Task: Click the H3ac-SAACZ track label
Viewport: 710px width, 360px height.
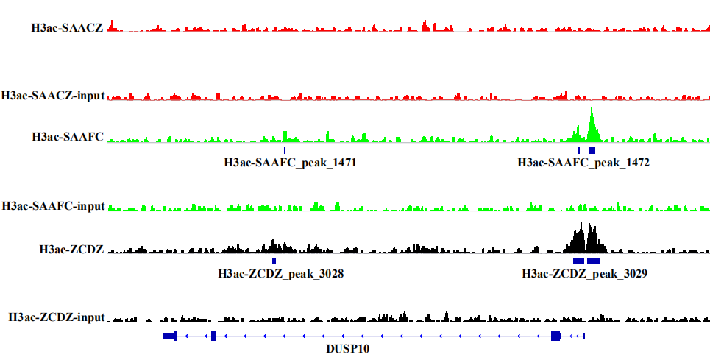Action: (x=66, y=28)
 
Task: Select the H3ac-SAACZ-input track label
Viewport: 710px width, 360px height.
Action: (x=53, y=96)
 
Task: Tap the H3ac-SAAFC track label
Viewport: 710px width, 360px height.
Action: (x=68, y=136)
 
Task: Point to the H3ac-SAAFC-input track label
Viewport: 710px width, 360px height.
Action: (x=54, y=205)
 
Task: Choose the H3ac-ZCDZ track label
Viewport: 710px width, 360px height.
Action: (x=71, y=249)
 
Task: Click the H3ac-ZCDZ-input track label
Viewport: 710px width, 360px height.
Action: (x=57, y=317)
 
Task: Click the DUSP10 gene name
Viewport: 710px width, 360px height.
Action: (x=348, y=349)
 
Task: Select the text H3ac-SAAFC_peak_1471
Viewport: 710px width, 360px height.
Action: (x=291, y=163)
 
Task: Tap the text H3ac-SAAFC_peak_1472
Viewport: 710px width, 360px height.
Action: (x=583, y=163)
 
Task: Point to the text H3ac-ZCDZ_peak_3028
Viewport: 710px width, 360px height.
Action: (x=281, y=274)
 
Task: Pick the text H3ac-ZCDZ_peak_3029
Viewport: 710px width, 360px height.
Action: (x=584, y=274)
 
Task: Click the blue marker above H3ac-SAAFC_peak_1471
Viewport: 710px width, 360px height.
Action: (x=285, y=150)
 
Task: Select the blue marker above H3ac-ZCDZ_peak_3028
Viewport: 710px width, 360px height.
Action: (x=274, y=261)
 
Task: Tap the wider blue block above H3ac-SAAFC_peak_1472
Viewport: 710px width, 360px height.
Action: (x=592, y=150)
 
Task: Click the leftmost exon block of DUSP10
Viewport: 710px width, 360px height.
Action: (x=169, y=336)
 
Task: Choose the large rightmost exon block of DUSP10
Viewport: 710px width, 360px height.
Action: (x=555, y=336)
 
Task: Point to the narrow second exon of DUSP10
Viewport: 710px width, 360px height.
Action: (x=213, y=336)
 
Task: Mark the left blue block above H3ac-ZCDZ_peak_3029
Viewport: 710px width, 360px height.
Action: (x=578, y=261)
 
